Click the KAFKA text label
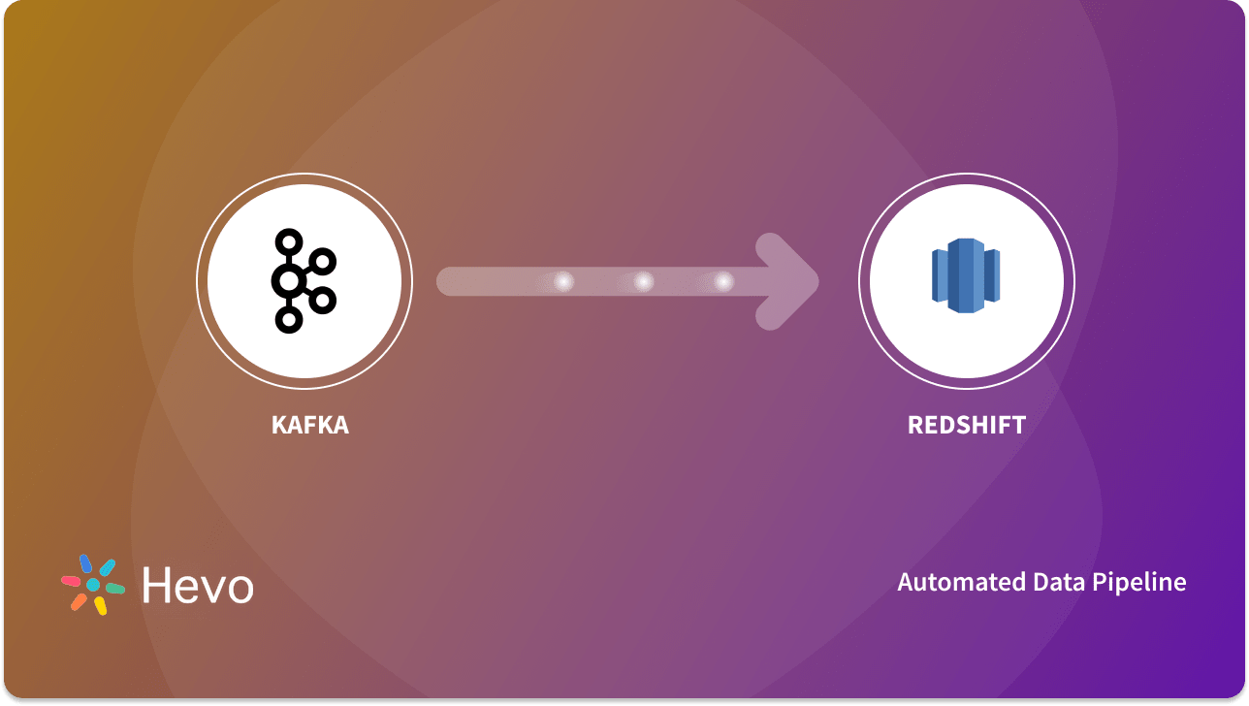(309, 425)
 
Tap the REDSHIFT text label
(966, 425)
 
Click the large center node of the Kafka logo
(287, 282)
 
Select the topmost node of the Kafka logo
(287, 241)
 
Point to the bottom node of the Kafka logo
(287, 320)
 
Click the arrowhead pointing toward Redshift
(790, 281)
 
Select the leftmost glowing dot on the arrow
(563, 281)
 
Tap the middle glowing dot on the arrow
(643, 281)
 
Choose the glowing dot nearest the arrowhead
(723, 281)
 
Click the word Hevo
(198, 586)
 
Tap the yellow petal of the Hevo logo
(100, 606)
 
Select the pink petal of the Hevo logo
(71, 581)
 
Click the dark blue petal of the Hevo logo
(85, 563)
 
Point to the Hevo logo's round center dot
(93, 585)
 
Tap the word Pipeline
(1138, 582)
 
